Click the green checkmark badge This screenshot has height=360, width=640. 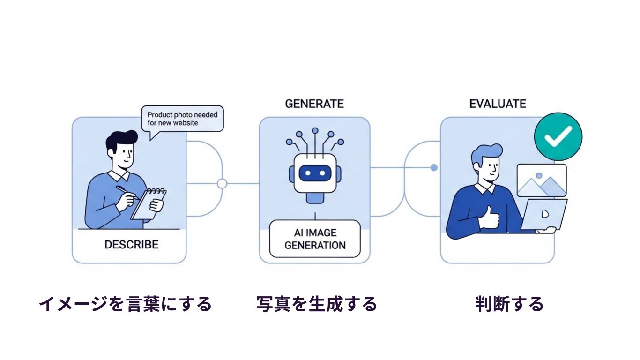point(558,136)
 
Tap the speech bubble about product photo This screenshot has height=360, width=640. point(183,119)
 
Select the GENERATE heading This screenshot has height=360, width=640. point(314,104)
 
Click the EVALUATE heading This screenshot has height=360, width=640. point(498,104)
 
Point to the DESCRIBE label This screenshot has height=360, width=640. point(131,244)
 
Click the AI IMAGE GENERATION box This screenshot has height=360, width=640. point(315,239)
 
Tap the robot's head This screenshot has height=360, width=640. point(315,173)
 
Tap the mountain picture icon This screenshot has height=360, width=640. point(541,180)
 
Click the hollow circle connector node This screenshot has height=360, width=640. point(222,183)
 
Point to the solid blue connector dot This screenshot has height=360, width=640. point(434,167)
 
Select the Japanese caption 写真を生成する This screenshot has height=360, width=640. point(317,304)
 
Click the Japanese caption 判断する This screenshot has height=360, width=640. point(509,304)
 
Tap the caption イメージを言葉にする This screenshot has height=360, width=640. point(125,304)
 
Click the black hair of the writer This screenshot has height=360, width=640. point(120,139)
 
